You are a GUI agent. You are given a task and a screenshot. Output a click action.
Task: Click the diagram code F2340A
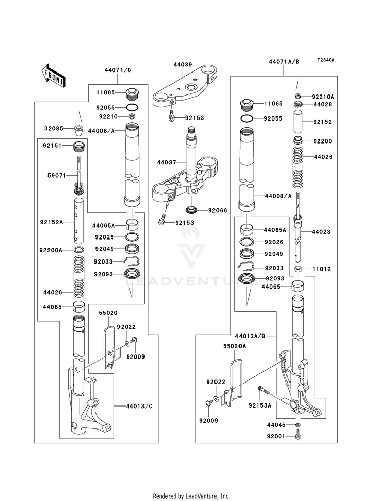(325, 60)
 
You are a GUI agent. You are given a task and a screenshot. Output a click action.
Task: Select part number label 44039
(182, 65)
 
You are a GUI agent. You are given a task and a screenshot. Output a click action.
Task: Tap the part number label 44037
(167, 162)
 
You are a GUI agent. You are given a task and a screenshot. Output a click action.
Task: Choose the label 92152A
(52, 222)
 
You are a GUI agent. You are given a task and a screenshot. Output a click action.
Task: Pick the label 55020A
(234, 346)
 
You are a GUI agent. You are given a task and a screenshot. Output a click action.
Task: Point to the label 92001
(277, 436)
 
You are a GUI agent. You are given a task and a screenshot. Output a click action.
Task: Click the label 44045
(277, 424)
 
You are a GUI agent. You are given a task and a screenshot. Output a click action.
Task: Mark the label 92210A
(324, 96)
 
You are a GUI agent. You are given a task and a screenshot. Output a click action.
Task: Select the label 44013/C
(139, 406)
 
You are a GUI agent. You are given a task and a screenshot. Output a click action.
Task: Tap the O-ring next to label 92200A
(79, 250)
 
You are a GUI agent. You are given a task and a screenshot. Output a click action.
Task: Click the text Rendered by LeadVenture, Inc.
(191, 496)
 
